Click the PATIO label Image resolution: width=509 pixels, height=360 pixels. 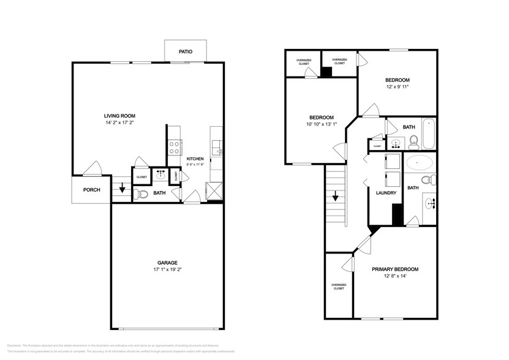click(x=186, y=52)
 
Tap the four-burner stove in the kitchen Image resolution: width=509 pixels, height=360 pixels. click(x=174, y=147)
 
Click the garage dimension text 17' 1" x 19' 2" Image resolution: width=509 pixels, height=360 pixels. click(x=167, y=269)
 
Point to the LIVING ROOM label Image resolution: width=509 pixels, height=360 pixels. click(x=119, y=116)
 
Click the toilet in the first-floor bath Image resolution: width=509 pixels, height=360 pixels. click(x=141, y=195)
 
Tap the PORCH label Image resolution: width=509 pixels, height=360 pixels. click(x=92, y=190)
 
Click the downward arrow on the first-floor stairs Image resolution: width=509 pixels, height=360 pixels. click(x=122, y=189)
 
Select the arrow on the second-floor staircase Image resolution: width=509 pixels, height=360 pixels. click(x=336, y=197)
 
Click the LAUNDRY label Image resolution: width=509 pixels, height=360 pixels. click(x=386, y=193)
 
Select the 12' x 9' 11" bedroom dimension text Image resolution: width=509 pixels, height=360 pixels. click(x=397, y=87)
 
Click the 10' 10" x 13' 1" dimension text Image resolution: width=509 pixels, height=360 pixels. click(x=321, y=124)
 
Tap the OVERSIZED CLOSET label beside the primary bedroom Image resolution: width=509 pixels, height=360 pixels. click(x=339, y=286)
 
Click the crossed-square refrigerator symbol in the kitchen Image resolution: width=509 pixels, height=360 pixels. click(x=214, y=191)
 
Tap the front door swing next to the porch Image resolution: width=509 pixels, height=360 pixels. click(x=93, y=168)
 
